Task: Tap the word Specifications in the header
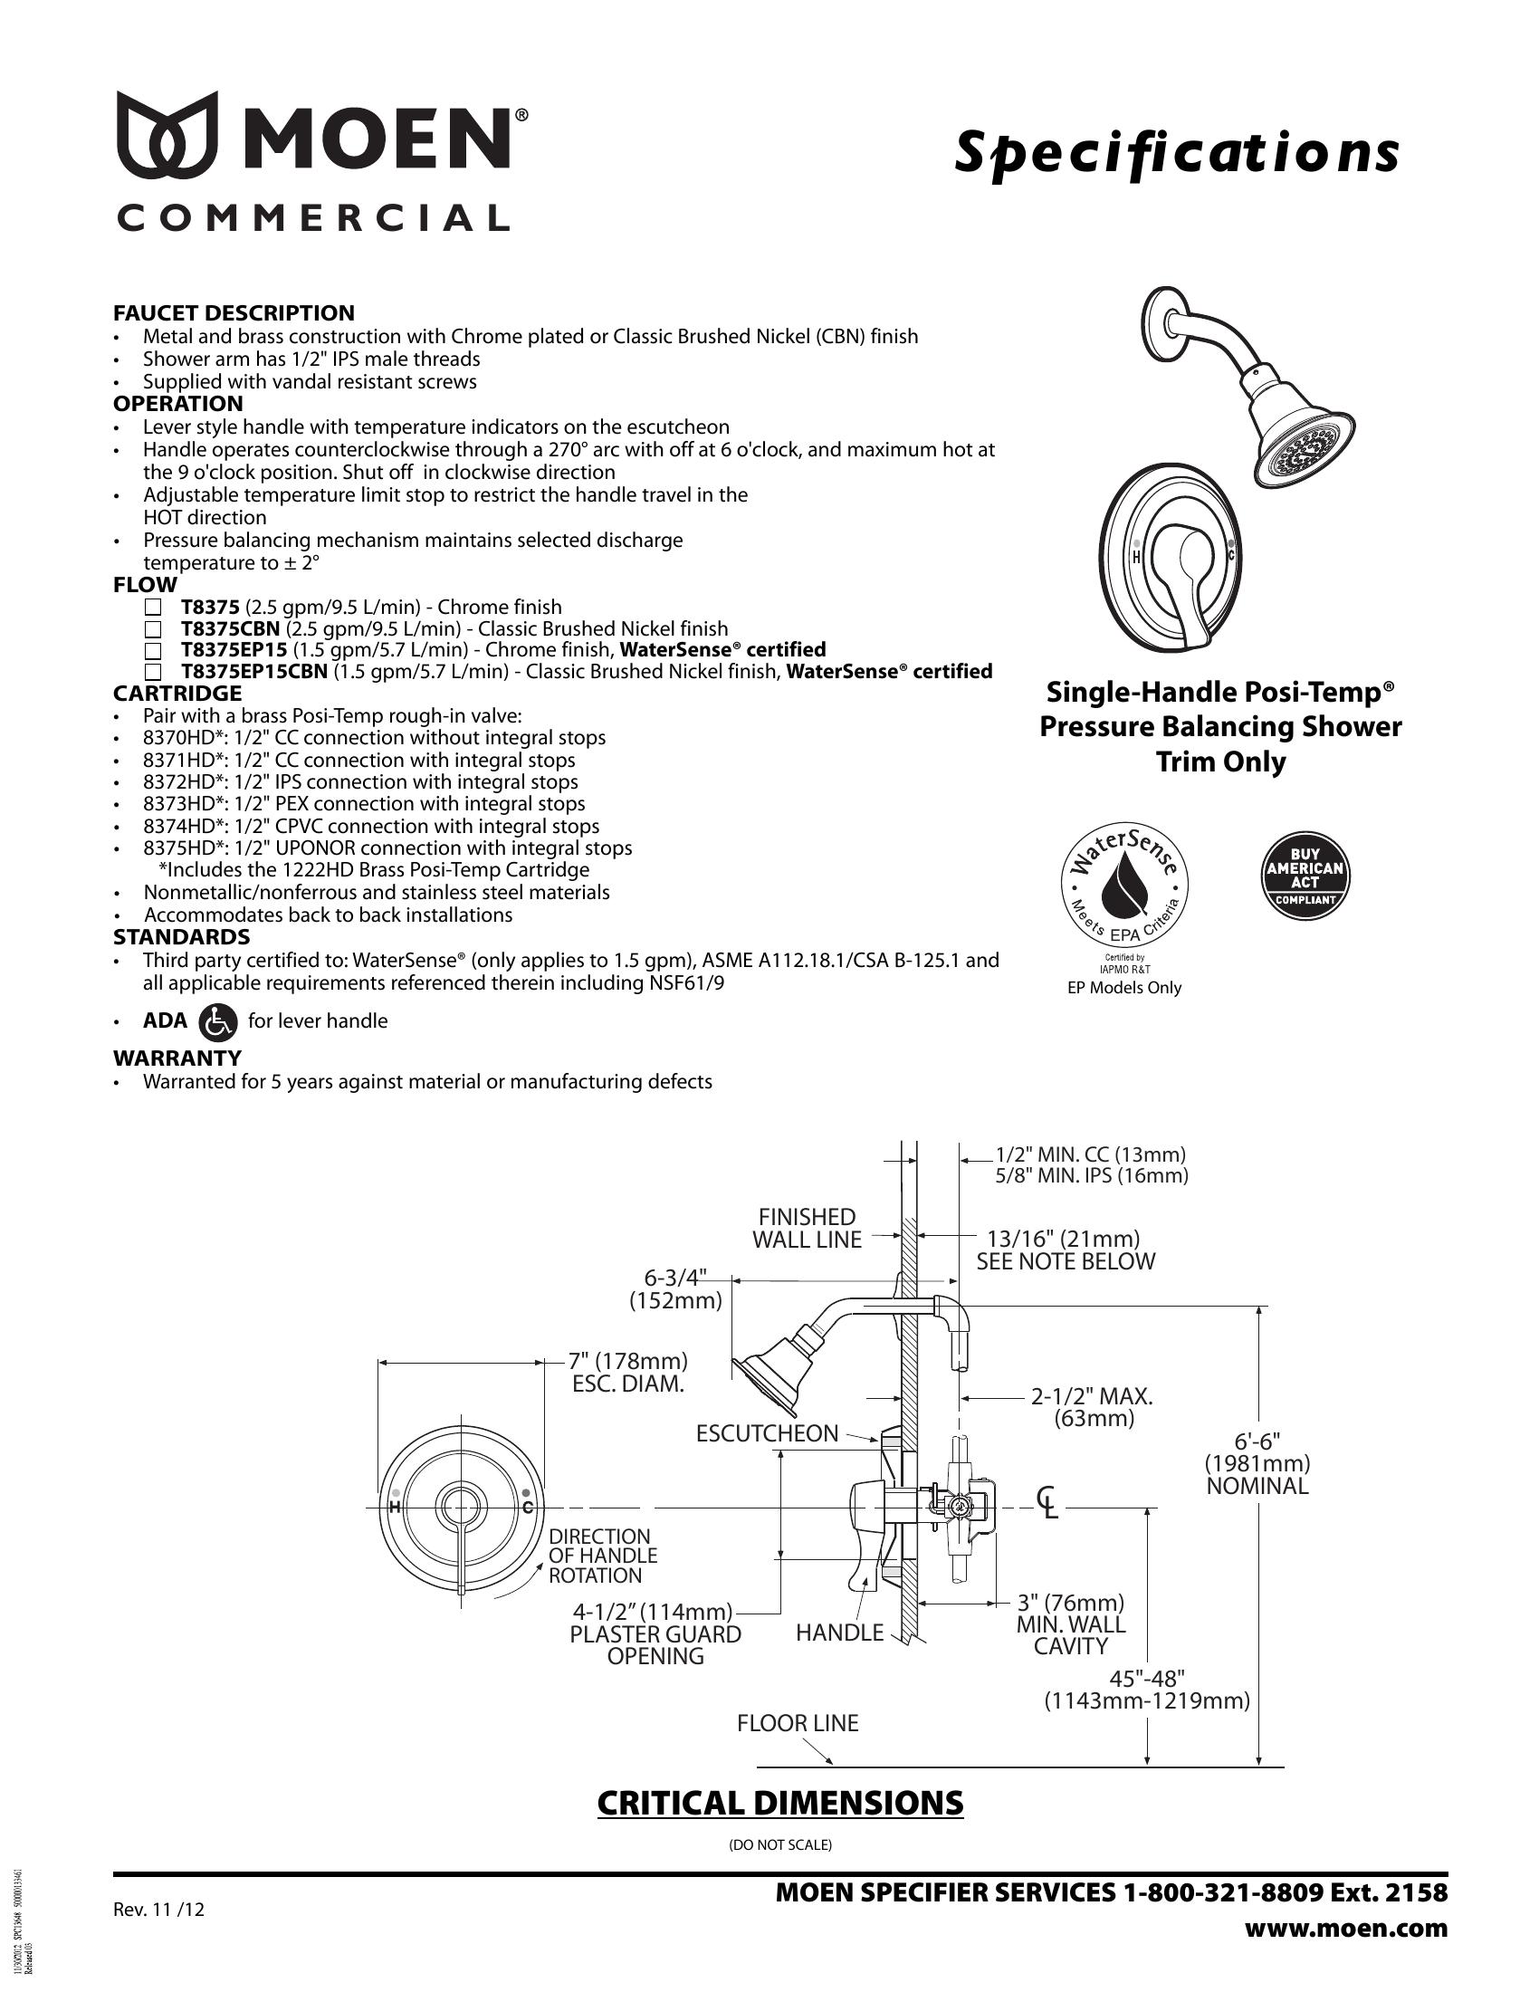[x=1176, y=152]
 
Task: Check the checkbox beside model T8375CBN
[x=153, y=629]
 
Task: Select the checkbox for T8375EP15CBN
[x=153, y=672]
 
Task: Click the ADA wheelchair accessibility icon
[x=217, y=1021]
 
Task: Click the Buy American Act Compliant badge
[x=1305, y=876]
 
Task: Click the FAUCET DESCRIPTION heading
[x=234, y=313]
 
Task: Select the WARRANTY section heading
[x=177, y=1058]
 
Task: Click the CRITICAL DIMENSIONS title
[x=779, y=1803]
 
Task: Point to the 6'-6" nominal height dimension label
[x=1257, y=1463]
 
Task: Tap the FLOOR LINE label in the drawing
[x=798, y=1723]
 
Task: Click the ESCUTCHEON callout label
[x=767, y=1433]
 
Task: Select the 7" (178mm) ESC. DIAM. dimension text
[x=628, y=1372]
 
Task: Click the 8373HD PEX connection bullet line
[x=364, y=803]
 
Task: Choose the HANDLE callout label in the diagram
[x=840, y=1632]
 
